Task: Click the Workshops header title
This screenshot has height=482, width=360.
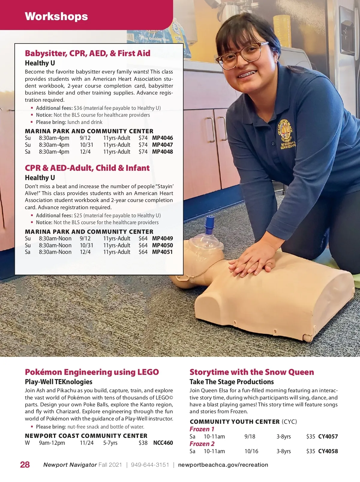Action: (x=56, y=16)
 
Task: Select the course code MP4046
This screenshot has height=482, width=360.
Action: (x=162, y=138)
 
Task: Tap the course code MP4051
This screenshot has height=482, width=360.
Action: (x=162, y=252)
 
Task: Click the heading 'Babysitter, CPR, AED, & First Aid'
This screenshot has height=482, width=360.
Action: (x=88, y=53)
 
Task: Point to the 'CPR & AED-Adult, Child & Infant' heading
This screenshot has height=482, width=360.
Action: (x=87, y=168)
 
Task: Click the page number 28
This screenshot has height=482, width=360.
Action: (x=25, y=465)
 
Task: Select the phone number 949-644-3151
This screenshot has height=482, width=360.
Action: (x=150, y=465)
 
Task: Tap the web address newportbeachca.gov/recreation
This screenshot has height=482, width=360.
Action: (x=223, y=465)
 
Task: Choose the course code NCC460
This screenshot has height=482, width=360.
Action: (x=163, y=443)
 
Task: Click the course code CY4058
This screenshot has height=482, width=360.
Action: (x=328, y=451)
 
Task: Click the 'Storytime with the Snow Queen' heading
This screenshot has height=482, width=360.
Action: (x=252, y=372)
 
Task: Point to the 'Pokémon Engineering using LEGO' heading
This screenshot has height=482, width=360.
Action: (x=92, y=372)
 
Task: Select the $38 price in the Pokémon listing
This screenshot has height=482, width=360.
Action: (x=143, y=443)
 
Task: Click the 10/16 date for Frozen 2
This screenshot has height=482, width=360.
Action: (x=251, y=451)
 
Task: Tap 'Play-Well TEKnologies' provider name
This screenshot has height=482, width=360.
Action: (x=58, y=382)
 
